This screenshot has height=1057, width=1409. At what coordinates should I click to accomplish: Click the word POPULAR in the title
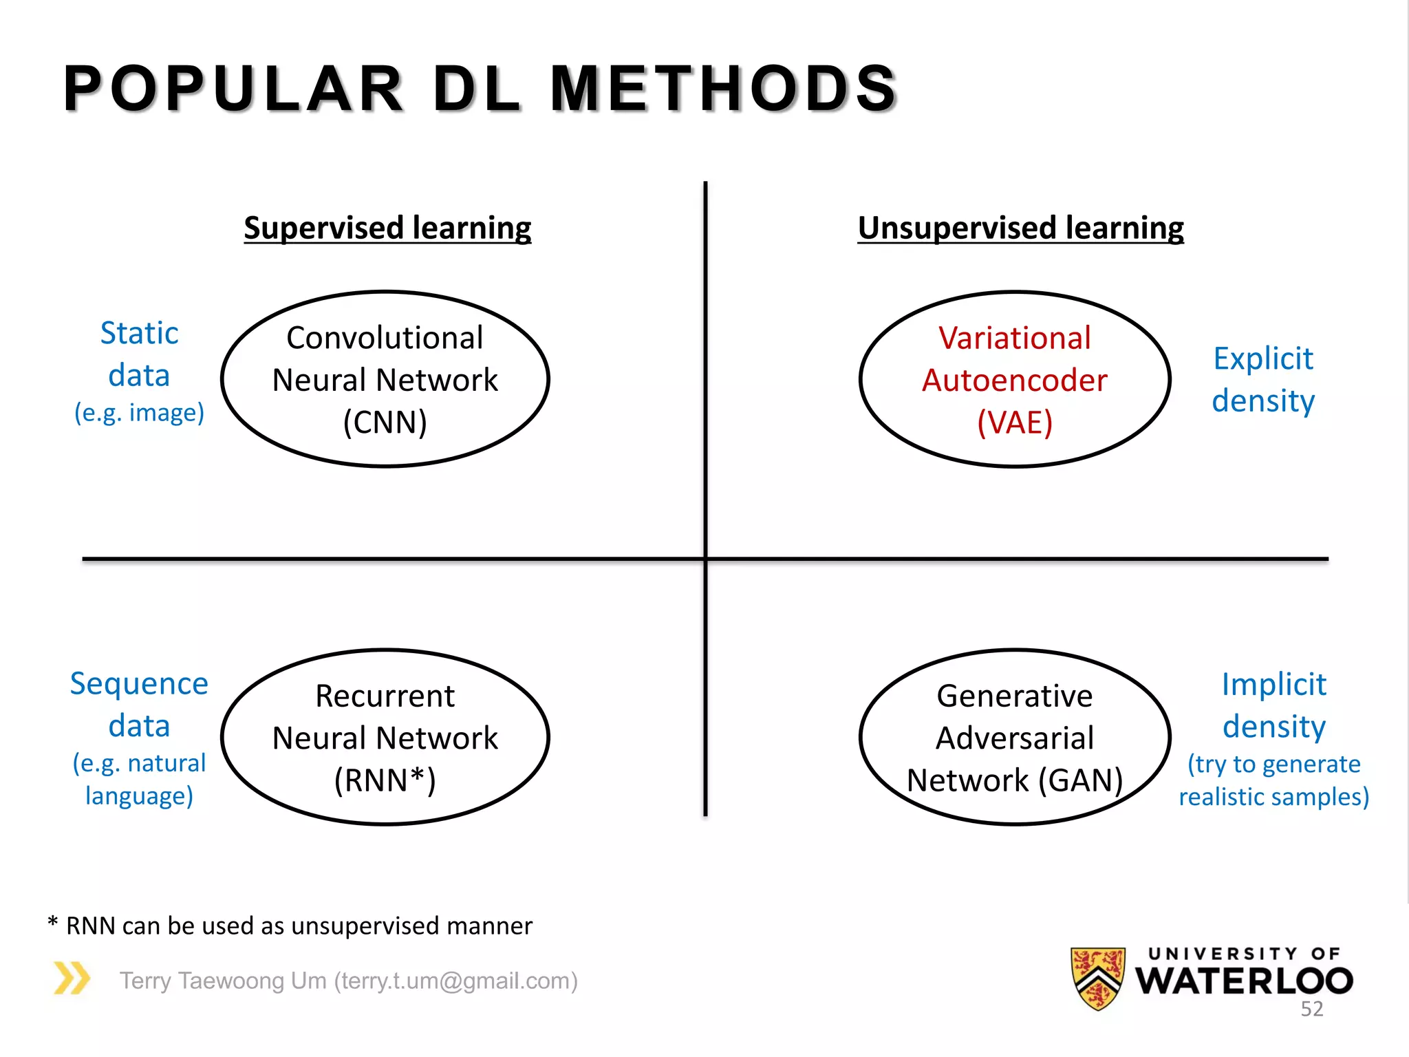point(233,88)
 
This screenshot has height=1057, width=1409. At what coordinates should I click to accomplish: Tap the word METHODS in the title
point(724,88)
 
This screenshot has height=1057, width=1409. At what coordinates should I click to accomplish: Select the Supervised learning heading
point(387,228)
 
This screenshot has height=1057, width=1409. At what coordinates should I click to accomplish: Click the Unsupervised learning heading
point(1020,228)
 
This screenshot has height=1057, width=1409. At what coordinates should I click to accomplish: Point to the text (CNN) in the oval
point(385,422)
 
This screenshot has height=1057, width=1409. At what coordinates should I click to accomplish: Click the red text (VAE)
point(1015,422)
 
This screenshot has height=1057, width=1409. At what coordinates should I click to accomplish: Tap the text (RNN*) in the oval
point(385,780)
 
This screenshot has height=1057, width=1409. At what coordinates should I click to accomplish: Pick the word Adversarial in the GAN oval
point(1015,738)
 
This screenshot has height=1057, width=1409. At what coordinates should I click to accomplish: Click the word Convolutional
point(385,338)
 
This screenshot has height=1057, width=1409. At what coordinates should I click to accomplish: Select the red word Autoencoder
point(1015,381)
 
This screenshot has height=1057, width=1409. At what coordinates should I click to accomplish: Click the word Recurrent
point(385,696)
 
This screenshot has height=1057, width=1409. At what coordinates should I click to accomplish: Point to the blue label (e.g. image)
point(140,413)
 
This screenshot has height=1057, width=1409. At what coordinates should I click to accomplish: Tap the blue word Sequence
point(139,684)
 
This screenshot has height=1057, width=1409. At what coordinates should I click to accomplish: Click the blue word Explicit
point(1263,359)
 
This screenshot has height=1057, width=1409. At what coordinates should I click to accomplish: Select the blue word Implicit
point(1273,685)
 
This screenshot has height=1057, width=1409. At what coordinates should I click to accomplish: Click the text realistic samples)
point(1274,797)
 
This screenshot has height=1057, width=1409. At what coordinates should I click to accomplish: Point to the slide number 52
point(1311,1009)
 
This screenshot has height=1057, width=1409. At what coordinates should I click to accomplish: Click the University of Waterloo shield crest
point(1098,978)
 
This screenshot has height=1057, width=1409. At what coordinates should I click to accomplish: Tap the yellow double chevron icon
point(72,978)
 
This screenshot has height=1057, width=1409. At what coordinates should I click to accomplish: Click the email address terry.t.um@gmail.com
point(455,981)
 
